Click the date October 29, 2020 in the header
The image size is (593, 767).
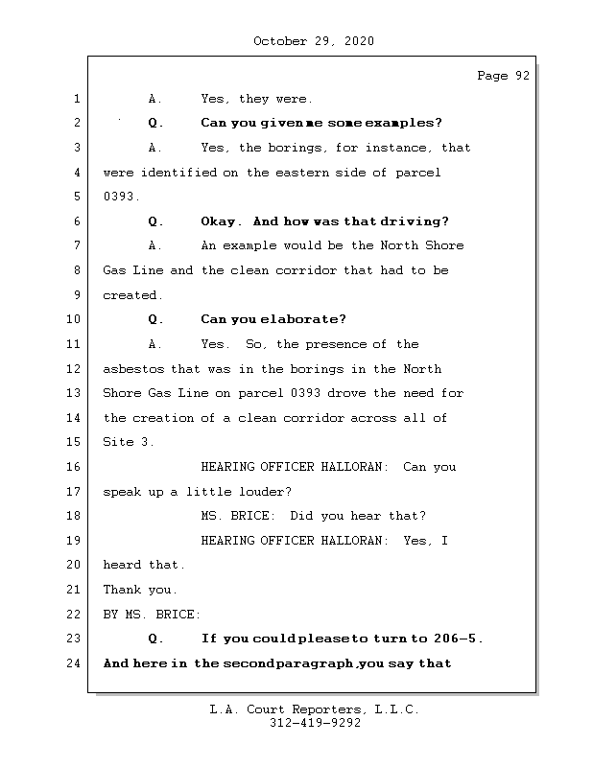pyautogui.click(x=313, y=41)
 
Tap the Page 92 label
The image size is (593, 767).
pyautogui.click(x=503, y=76)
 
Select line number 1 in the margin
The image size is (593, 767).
pyautogui.click(x=77, y=99)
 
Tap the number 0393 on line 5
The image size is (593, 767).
pyautogui.click(x=119, y=198)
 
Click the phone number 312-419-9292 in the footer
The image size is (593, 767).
pyautogui.click(x=315, y=725)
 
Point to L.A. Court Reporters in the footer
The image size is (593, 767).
pyautogui.click(x=286, y=710)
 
